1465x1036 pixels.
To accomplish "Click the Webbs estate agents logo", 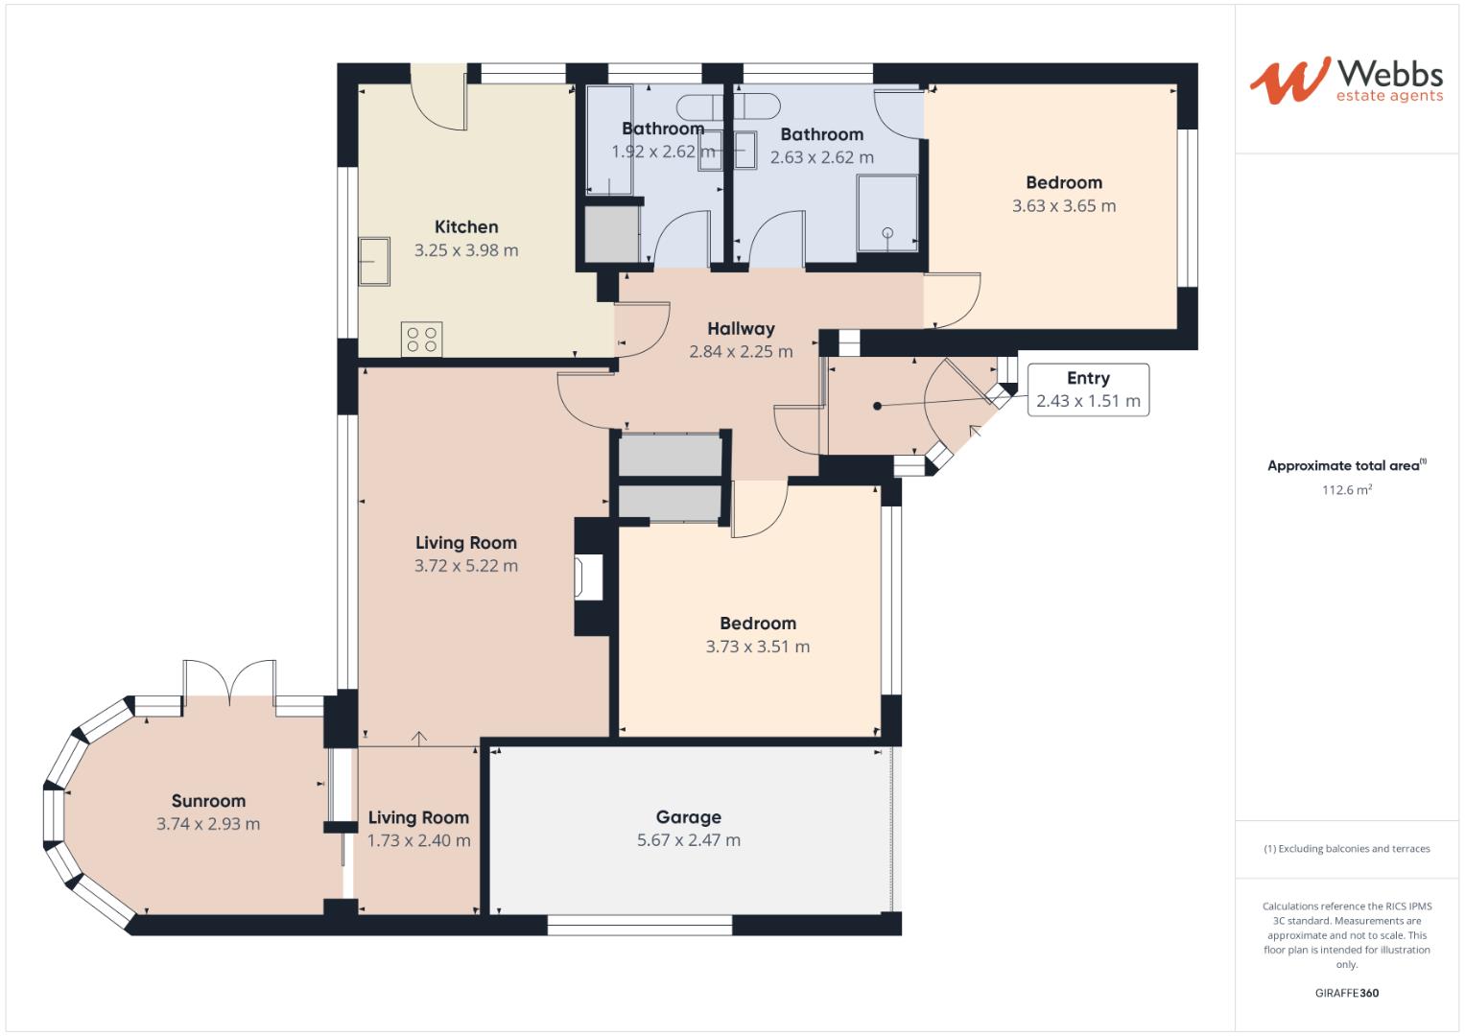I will (1346, 81).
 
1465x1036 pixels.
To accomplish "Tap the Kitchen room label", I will (466, 227).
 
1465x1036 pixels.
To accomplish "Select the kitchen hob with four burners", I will (422, 339).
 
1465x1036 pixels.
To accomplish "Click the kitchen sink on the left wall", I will (374, 262).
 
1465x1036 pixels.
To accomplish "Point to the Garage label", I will (688, 817).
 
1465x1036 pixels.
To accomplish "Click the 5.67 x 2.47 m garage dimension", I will (688, 840).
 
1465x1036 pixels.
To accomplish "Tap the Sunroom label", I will (208, 801).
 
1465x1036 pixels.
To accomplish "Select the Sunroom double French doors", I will (230, 682).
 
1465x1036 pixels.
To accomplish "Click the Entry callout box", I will (1088, 389).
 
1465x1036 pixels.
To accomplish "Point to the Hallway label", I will (741, 329).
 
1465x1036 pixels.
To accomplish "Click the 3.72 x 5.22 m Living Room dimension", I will (466, 566).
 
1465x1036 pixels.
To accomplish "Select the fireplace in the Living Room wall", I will (587, 578).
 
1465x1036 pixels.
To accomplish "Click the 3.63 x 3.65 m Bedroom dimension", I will (1064, 206).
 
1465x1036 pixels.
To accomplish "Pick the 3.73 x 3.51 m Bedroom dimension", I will (758, 647).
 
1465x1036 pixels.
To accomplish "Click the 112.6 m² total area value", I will (1346, 490).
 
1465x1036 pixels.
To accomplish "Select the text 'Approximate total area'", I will (1342, 466).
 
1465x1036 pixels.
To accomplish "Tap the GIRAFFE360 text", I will (1346, 993).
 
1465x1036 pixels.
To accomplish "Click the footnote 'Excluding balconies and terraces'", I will (1346, 849).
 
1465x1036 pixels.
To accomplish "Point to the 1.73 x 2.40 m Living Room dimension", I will (418, 840).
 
